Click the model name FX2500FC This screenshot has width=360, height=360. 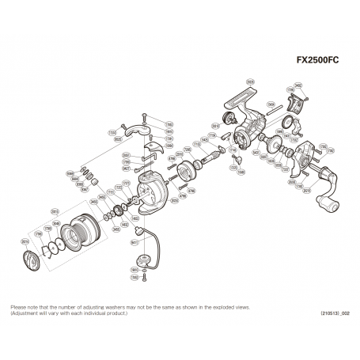[x=320, y=59]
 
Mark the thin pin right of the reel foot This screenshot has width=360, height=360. [x=275, y=113]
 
